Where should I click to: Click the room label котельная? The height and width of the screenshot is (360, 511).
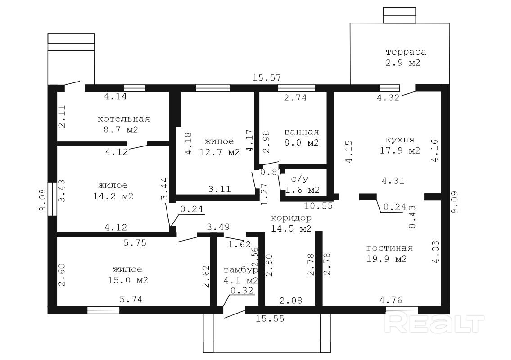[124, 118]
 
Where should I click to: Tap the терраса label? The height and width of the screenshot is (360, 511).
[406, 52]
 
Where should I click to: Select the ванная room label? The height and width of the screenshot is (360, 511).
[302, 132]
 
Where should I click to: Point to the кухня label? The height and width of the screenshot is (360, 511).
[400, 140]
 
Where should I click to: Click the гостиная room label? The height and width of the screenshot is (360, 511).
[390, 248]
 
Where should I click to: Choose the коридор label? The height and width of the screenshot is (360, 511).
[291, 218]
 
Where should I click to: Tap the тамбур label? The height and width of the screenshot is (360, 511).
[240, 270]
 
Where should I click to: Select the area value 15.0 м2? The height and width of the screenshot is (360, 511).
[128, 280]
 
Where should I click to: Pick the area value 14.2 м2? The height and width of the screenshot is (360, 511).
[113, 196]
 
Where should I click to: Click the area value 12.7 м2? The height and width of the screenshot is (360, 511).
[219, 152]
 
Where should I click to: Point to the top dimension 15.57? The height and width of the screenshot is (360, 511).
[267, 78]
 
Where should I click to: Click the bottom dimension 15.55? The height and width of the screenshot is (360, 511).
[270, 318]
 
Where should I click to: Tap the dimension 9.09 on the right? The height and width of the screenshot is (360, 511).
[455, 202]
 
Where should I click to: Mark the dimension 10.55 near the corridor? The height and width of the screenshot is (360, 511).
[318, 206]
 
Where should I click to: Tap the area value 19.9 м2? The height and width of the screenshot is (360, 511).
[386, 259]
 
